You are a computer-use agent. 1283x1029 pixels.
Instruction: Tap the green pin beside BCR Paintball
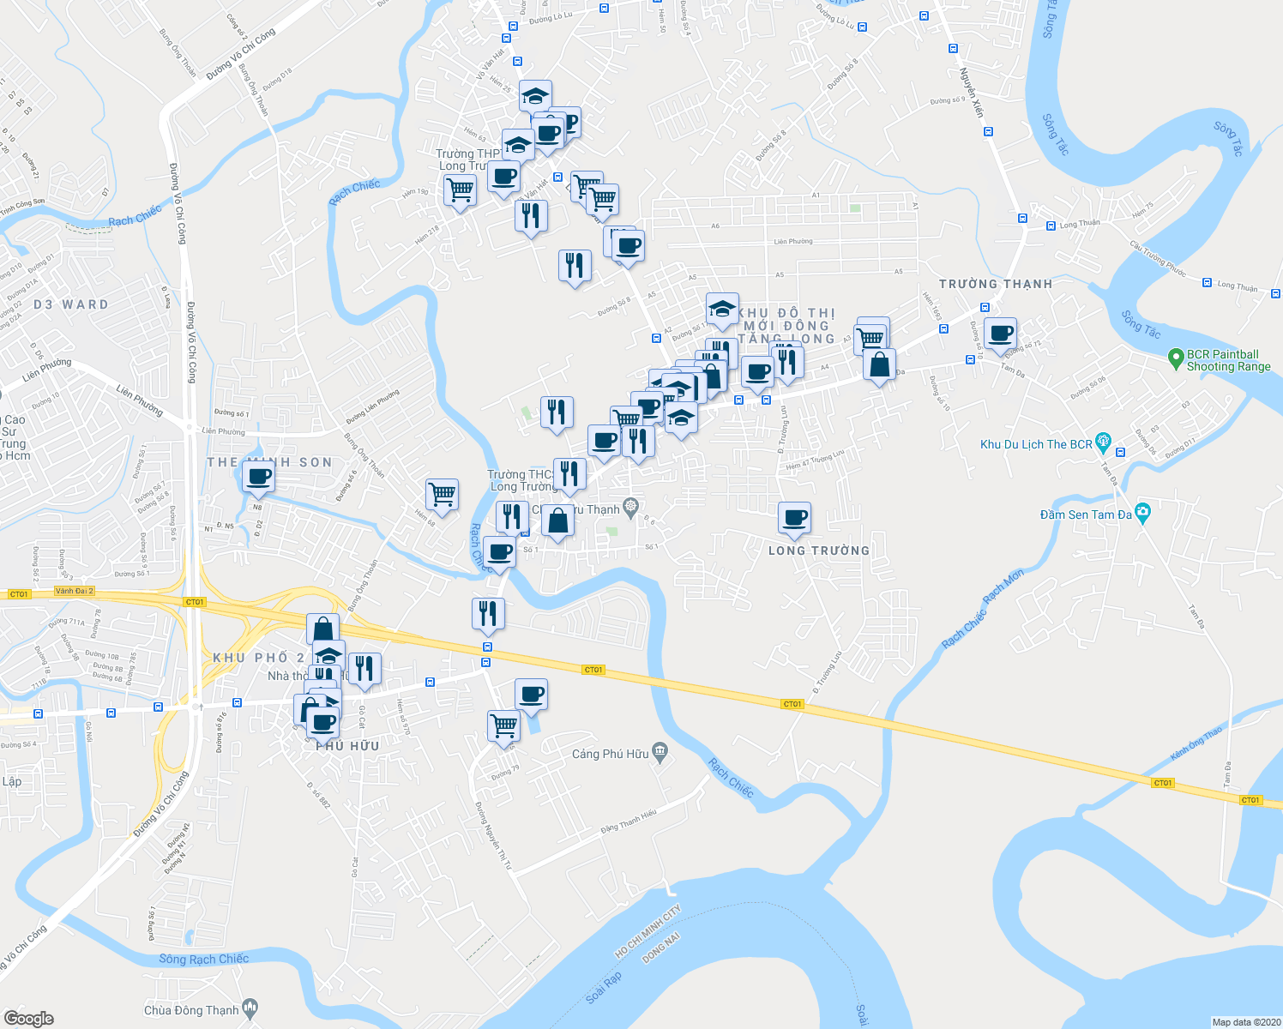coord(1177,359)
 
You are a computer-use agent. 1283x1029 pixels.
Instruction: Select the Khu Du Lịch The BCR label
coord(1036,444)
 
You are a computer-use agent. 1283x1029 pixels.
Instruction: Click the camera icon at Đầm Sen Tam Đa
coord(1142,513)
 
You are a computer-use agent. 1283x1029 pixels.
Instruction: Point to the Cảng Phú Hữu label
coord(610,754)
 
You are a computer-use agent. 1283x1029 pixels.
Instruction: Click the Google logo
coord(29,1018)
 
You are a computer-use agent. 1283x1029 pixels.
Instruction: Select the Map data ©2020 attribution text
coord(1244,1022)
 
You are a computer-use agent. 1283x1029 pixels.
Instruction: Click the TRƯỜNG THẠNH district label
coord(995,284)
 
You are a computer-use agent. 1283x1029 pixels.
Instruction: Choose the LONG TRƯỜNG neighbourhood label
coord(818,551)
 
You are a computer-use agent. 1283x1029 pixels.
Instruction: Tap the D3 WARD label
coord(71,304)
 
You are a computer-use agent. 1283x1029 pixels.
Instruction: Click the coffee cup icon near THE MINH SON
coord(258,476)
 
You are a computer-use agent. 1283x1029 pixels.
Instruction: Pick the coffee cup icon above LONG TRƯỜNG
coord(795,517)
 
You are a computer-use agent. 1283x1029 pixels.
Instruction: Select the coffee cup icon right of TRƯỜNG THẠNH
coord(1000,333)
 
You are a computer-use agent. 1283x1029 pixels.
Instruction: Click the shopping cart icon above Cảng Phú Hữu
coord(503,725)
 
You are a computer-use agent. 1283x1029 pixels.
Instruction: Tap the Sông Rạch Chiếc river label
coord(203,959)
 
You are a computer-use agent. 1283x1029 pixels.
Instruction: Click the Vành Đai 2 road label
coord(74,591)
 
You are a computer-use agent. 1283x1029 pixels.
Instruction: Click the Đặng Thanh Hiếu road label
coord(628,821)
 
